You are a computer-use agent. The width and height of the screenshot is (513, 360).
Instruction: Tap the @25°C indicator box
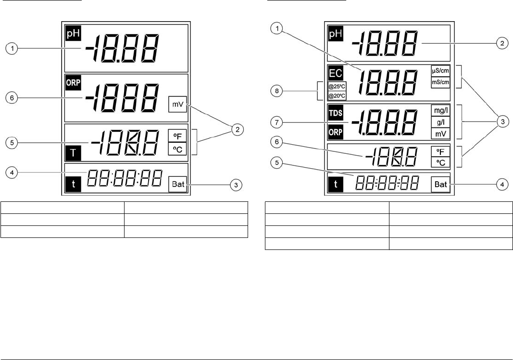pyautogui.click(x=336, y=87)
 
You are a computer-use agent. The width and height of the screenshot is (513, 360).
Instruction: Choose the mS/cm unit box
pyautogui.click(x=440, y=82)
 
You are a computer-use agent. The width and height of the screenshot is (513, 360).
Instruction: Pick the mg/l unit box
pyautogui.click(x=440, y=111)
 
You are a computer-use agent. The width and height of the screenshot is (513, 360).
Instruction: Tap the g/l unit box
pyautogui.click(x=440, y=122)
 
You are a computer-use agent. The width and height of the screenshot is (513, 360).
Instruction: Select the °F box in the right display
pyautogui.click(x=440, y=151)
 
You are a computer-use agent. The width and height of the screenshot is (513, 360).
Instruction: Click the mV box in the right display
pyautogui.click(x=440, y=133)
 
